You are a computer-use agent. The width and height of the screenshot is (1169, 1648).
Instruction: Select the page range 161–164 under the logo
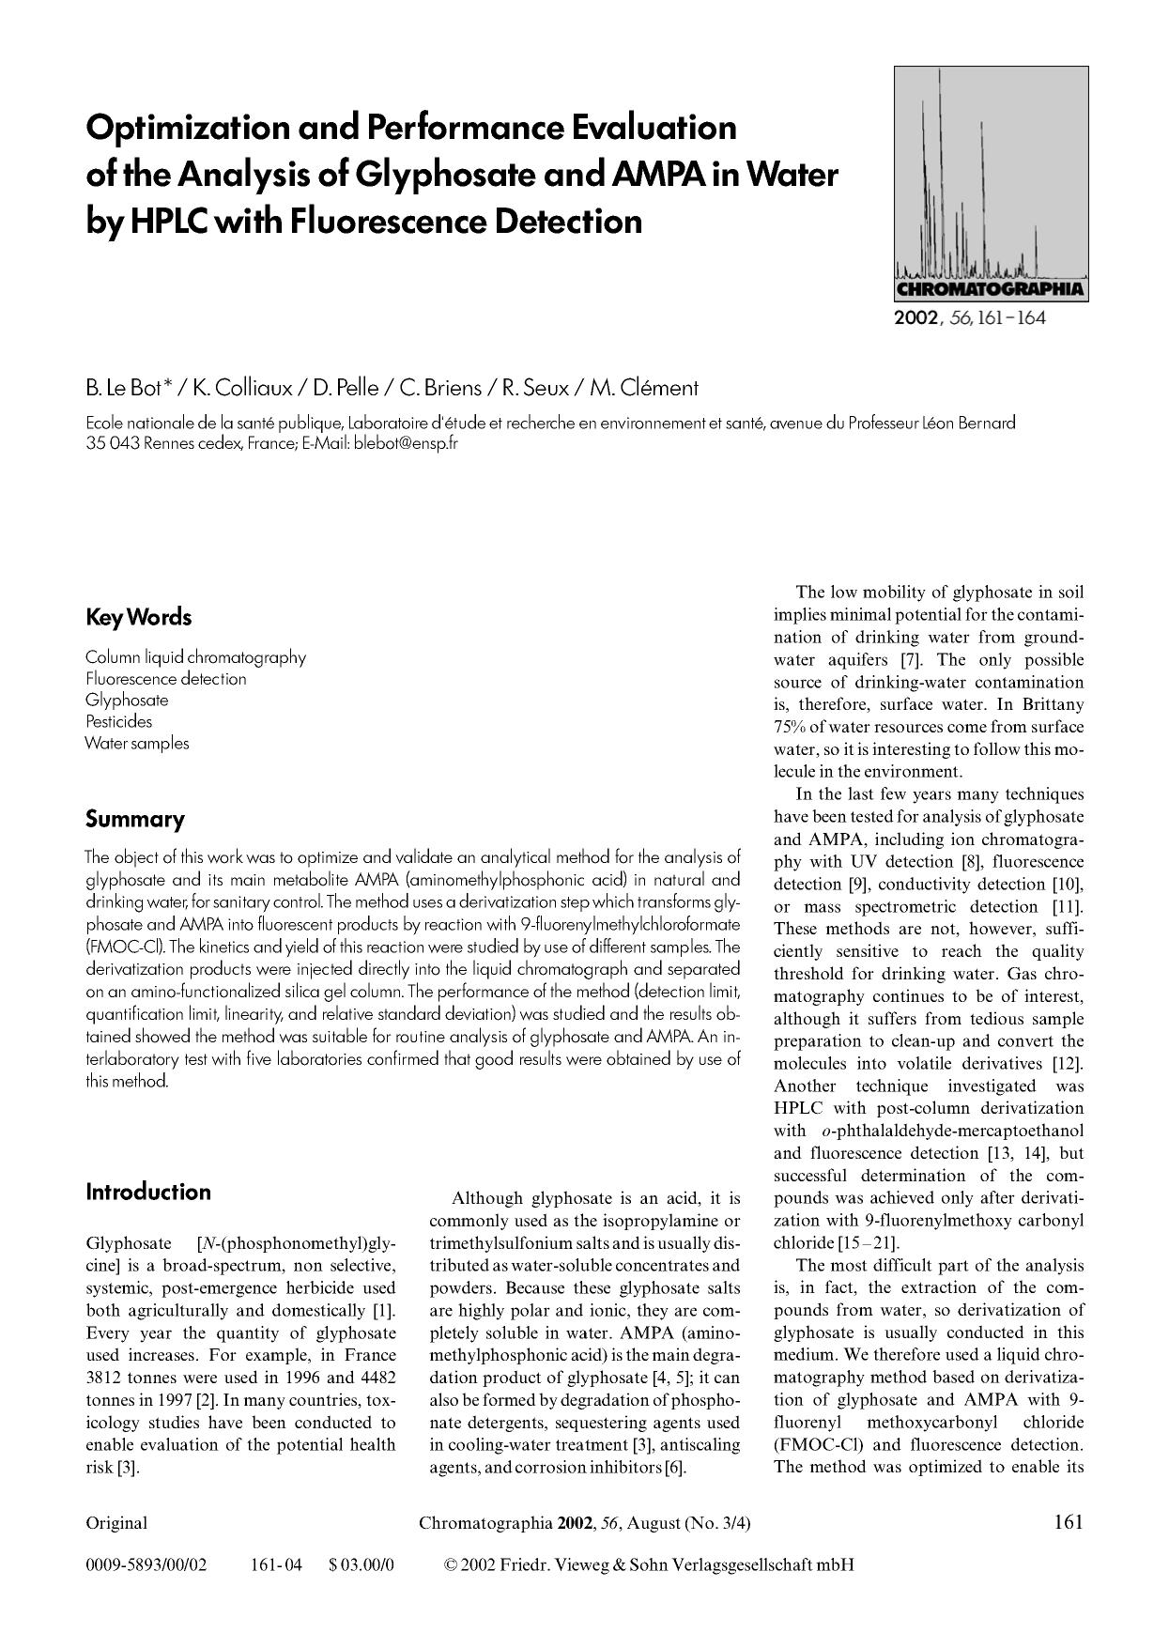coord(1011,317)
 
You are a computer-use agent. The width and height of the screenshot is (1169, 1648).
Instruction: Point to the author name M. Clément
coord(644,388)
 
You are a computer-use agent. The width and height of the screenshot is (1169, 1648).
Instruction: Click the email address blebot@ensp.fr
coord(405,443)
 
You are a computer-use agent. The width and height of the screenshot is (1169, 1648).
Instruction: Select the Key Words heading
coord(138,618)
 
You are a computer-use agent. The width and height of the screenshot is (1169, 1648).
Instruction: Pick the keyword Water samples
coord(137,744)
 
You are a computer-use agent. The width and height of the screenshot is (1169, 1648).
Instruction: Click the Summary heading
coord(135,820)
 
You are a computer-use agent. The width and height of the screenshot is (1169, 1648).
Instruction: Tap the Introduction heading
coord(148,1193)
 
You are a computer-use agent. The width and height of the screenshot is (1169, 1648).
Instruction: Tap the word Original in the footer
coord(116,1523)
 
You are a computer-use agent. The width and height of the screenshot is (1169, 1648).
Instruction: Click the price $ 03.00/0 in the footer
coord(361,1565)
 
